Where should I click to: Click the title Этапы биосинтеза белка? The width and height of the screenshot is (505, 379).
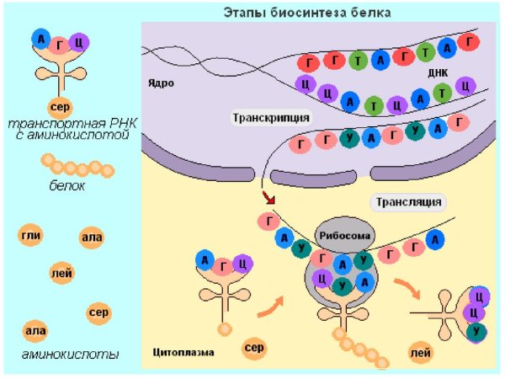[306, 12]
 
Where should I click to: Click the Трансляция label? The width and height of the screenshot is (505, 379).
[408, 202]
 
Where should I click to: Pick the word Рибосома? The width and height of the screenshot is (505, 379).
[343, 237]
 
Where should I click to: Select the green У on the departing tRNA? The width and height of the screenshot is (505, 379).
[477, 331]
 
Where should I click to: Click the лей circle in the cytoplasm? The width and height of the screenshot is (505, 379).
[421, 353]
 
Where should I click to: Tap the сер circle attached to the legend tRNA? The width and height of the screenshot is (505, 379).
[58, 109]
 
